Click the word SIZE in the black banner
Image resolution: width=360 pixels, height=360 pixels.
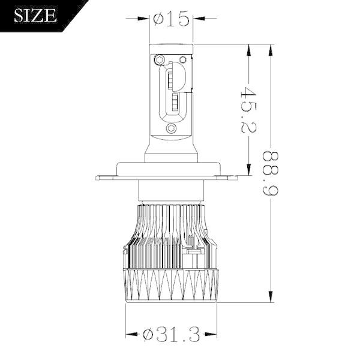pos(35,15)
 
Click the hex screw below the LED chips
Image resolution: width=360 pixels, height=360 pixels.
pos(173,128)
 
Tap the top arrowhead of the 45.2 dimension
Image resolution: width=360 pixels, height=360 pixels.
pos(247,49)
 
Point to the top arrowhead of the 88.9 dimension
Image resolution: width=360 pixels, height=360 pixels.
pos(271,49)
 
